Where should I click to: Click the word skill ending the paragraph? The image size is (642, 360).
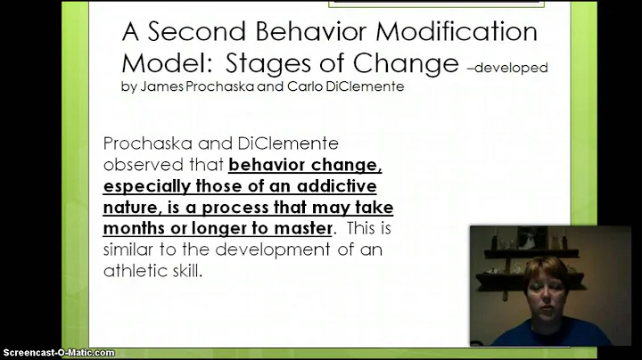(x=185, y=271)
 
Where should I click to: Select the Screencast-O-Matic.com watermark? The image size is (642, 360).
(x=58, y=353)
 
